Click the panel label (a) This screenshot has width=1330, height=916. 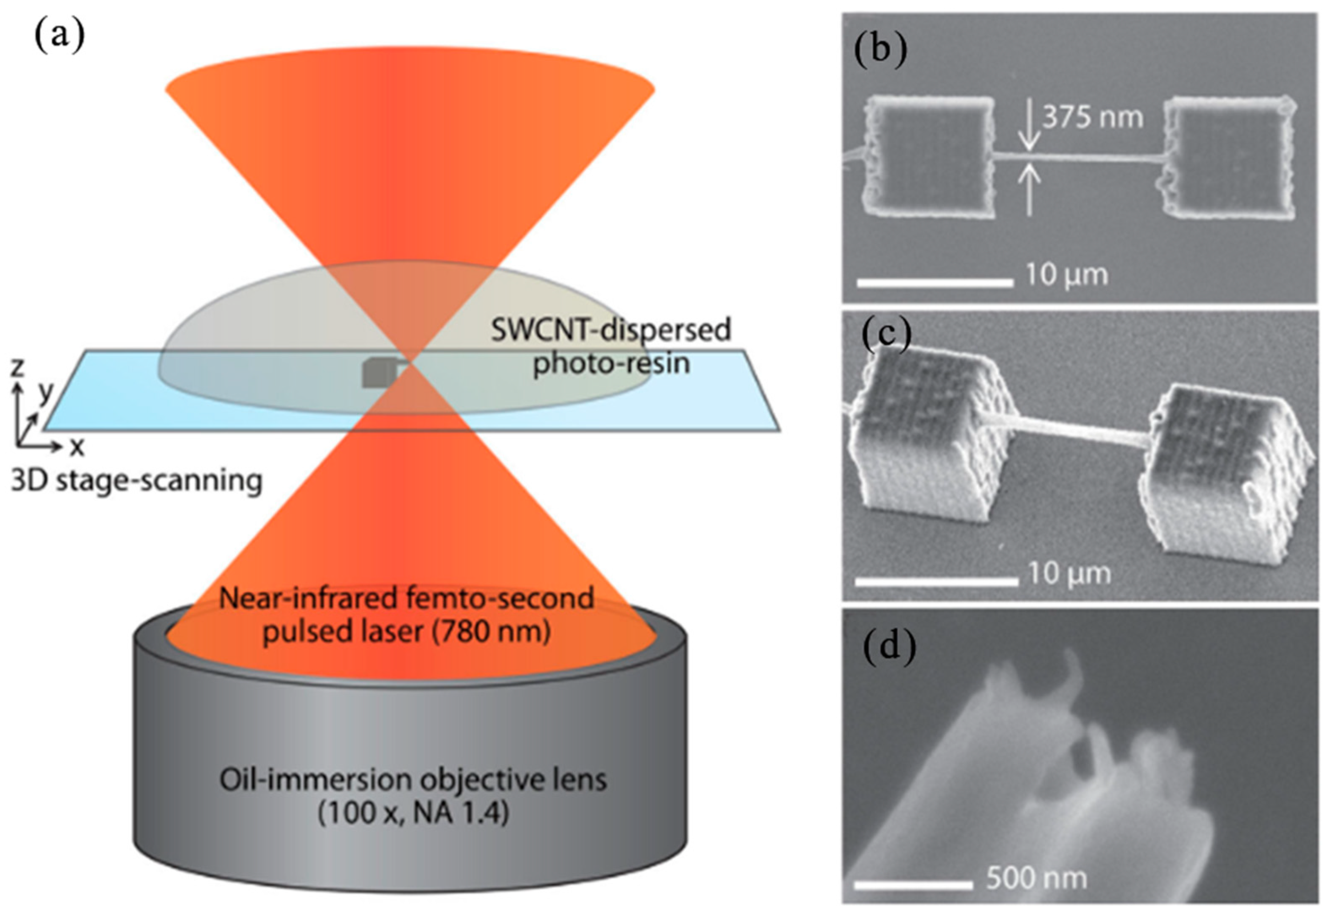pyautogui.click(x=60, y=36)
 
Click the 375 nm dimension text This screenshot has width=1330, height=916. pyautogui.click(x=1092, y=118)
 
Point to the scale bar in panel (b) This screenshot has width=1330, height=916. pyautogui.click(x=935, y=283)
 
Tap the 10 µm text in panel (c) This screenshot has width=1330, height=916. pyautogui.click(x=1068, y=573)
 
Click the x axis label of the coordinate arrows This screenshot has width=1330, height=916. pyautogui.click(x=76, y=446)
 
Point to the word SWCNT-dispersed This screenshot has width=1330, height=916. pyautogui.click(x=610, y=330)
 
